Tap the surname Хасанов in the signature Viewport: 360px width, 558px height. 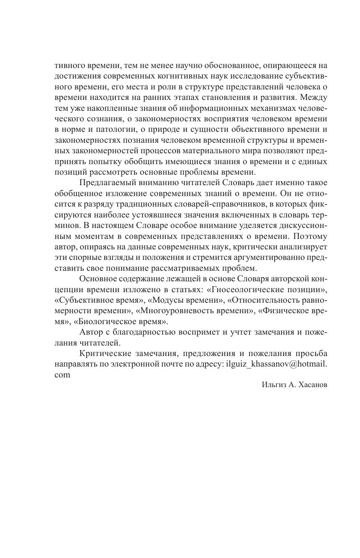(311, 385)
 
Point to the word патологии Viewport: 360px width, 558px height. (108, 129)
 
